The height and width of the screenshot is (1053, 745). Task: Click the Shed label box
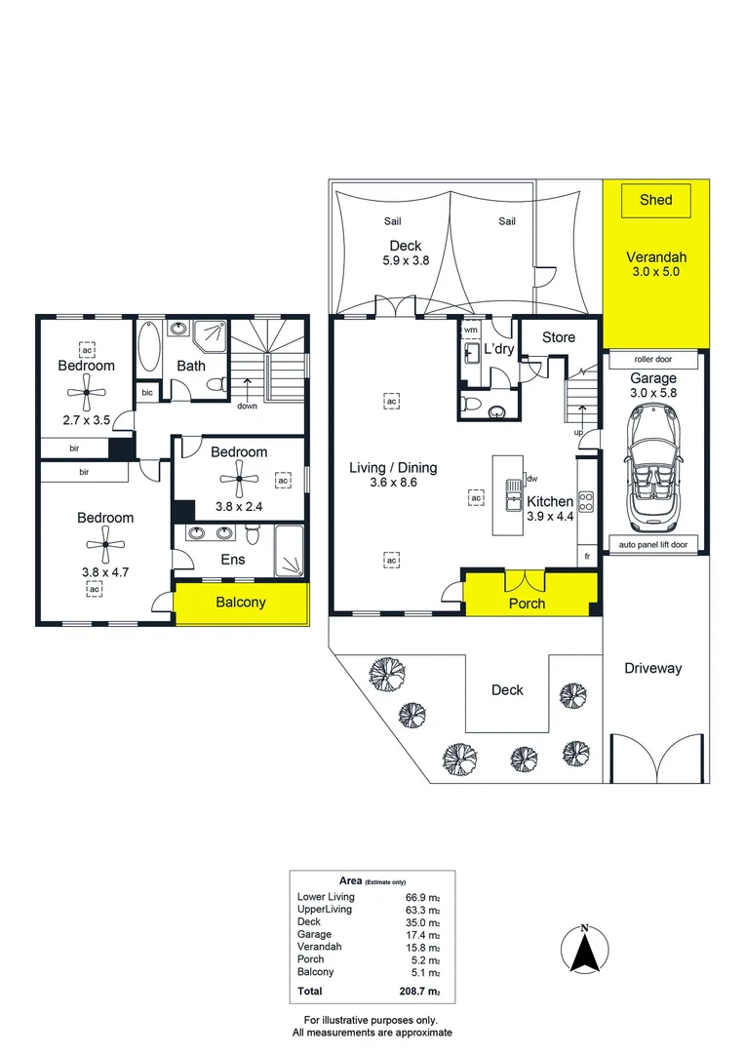click(655, 200)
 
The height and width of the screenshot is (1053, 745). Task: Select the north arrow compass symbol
click(585, 949)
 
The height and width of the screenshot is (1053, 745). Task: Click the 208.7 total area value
click(419, 992)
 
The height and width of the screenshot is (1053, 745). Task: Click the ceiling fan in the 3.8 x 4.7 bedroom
click(104, 544)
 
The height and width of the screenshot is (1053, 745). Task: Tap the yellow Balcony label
click(241, 603)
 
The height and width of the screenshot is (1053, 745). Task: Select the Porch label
click(527, 604)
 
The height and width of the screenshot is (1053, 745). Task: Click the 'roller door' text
click(653, 359)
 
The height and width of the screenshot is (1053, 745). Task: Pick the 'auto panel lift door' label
click(653, 545)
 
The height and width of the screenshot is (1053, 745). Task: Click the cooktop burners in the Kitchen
click(586, 502)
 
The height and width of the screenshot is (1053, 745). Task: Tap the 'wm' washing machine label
click(471, 330)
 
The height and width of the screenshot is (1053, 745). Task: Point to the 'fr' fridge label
click(587, 556)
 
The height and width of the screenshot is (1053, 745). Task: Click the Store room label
click(559, 337)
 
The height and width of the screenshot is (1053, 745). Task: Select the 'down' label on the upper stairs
click(248, 406)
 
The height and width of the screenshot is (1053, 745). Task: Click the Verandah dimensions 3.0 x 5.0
click(655, 272)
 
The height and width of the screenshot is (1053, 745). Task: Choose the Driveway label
click(653, 668)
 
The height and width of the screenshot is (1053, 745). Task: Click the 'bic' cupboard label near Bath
click(147, 392)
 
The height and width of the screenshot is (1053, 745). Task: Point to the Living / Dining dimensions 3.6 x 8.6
click(393, 483)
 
